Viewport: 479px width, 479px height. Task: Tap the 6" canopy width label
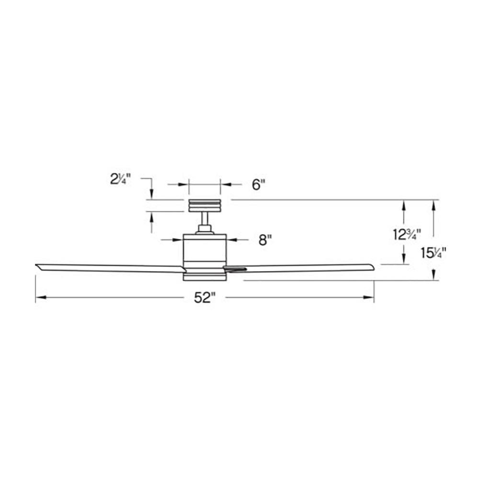[259, 184]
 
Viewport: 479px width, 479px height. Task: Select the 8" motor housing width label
[265, 240]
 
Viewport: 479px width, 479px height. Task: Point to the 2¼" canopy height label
[120, 179]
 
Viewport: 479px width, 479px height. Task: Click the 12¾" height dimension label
[407, 235]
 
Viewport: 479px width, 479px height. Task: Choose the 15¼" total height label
[433, 252]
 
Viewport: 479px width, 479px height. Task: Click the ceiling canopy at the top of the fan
[205, 205]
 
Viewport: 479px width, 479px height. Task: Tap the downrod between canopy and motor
[205, 219]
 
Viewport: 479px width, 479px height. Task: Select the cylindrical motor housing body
[205, 253]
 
